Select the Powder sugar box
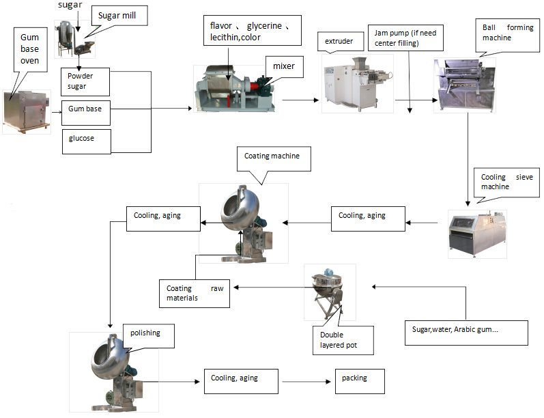(86, 82)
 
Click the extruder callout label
(339, 42)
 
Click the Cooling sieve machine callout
(504, 181)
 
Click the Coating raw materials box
(194, 293)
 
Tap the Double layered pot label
(345, 339)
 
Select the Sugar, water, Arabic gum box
(466, 331)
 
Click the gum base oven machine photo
(28, 109)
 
